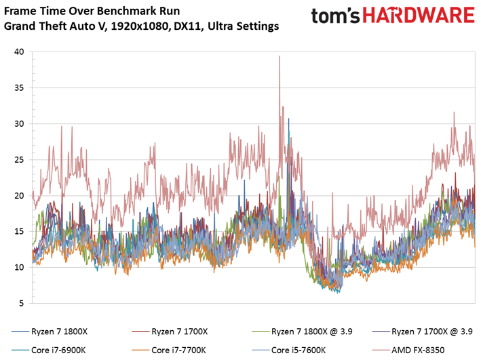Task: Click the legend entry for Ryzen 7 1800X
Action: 50,332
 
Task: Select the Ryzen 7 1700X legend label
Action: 170,332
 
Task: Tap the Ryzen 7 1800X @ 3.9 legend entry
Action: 302,332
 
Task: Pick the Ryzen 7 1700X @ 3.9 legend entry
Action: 422,332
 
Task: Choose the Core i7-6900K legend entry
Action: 48,350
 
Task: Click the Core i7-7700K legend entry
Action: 169,350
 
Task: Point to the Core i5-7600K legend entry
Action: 288,350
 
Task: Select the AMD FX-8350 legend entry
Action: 408,350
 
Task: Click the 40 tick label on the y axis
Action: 19,52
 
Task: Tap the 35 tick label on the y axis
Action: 19,87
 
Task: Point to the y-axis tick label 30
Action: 19,123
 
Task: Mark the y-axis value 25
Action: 19,160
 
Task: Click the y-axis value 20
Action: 19,196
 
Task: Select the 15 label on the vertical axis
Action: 19,231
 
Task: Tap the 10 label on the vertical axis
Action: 19,267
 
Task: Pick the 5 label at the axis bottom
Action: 21,303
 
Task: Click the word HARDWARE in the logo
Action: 419,16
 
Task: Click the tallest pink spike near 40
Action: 280,56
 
